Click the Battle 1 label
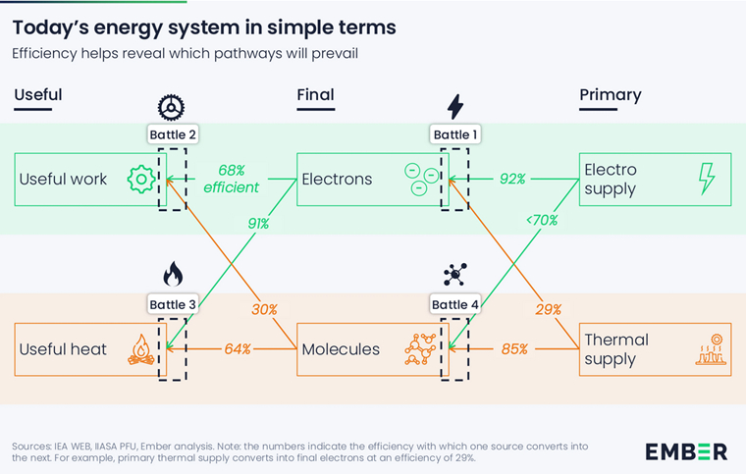point(453,134)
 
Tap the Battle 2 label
point(172,134)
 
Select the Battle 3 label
point(172,304)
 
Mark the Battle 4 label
point(453,304)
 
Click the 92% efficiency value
point(512,180)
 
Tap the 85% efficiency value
point(514,348)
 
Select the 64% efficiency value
point(237,348)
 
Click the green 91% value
point(257,224)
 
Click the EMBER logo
point(686,451)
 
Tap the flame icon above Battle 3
point(172,273)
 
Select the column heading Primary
point(610,95)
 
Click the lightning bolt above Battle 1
point(453,106)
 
